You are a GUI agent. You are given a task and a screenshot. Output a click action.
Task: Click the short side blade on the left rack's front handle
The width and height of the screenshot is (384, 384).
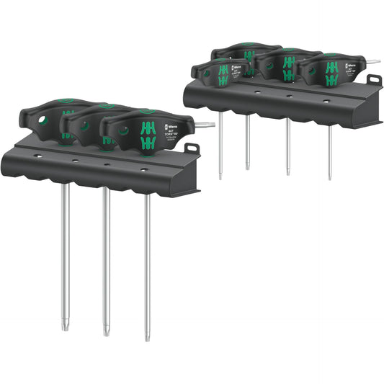click(207, 125)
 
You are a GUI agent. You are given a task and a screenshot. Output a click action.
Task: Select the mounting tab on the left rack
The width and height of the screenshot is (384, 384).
click(191, 150)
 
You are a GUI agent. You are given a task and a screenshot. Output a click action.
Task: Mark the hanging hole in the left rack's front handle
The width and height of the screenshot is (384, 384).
click(123, 130)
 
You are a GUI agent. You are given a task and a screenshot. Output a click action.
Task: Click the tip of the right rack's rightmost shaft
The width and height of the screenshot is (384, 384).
click(330, 177)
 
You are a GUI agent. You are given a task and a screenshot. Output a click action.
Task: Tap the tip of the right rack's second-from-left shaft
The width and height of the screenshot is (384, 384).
click(247, 167)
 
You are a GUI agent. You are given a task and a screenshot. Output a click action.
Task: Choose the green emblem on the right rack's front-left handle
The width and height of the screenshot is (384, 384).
click(222, 74)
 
